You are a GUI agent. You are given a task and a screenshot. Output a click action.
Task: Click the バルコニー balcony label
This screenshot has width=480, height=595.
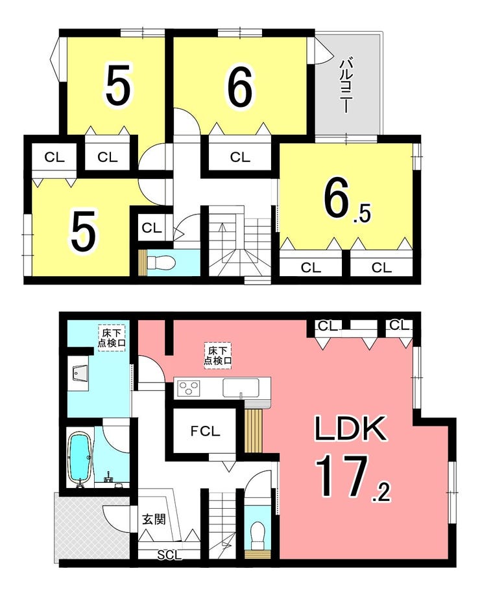[x=346, y=86]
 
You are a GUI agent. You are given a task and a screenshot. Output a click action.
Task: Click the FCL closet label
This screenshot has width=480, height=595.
[x=205, y=431]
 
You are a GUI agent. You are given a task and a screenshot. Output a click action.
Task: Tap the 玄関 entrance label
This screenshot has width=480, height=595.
[x=154, y=519]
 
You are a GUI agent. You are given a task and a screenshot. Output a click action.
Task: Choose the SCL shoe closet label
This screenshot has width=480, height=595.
[x=170, y=555]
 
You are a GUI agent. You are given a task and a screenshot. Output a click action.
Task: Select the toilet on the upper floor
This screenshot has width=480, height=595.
[x=161, y=262]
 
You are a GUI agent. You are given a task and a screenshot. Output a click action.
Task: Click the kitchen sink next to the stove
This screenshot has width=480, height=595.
[x=241, y=388]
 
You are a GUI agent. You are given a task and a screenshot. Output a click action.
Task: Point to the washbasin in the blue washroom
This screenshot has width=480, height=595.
[x=79, y=374]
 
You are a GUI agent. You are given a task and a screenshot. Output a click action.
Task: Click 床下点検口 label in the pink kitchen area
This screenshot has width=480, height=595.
[x=217, y=355]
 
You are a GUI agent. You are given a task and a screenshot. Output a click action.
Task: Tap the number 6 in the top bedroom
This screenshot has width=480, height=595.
[x=240, y=87]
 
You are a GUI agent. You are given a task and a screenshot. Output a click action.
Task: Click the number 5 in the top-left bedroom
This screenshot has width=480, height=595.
[x=118, y=85]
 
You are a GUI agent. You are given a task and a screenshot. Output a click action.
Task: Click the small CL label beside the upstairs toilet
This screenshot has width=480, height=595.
[x=152, y=228]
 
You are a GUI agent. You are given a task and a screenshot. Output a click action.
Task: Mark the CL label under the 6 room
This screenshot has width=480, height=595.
[x=240, y=157]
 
